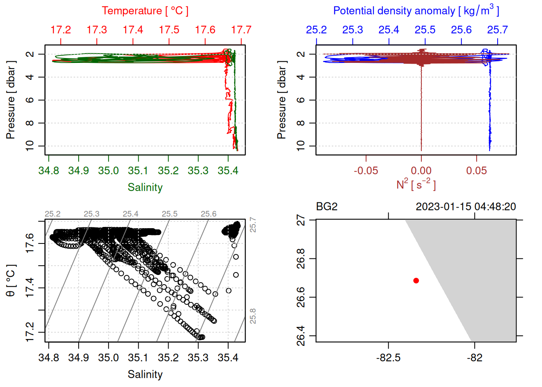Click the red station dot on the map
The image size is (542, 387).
(x=416, y=281)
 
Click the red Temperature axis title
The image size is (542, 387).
(x=145, y=11)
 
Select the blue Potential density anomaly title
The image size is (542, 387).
(x=416, y=10)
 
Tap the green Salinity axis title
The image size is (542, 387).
(x=145, y=187)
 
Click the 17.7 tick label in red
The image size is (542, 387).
(x=241, y=30)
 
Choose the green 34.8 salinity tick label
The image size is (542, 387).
(x=48, y=171)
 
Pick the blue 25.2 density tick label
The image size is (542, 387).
(x=316, y=30)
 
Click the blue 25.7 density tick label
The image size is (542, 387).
(x=497, y=30)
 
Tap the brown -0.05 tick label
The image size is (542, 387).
(x=366, y=171)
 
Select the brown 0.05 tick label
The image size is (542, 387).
(x=477, y=171)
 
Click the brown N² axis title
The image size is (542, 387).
(x=416, y=185)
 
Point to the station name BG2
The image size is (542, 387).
(x=327, y=207)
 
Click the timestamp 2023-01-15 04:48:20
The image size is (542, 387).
(x=466, y=207)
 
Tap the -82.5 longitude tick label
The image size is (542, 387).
(x=388, y=358)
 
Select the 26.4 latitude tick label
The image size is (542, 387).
(x=301, y=336)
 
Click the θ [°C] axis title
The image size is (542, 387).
(x=11, y=281)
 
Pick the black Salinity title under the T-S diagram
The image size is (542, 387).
(x=145, y=375)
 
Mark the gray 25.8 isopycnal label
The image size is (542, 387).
(x=253, y=316)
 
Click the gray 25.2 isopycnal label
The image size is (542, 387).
(x=52, y=214)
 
